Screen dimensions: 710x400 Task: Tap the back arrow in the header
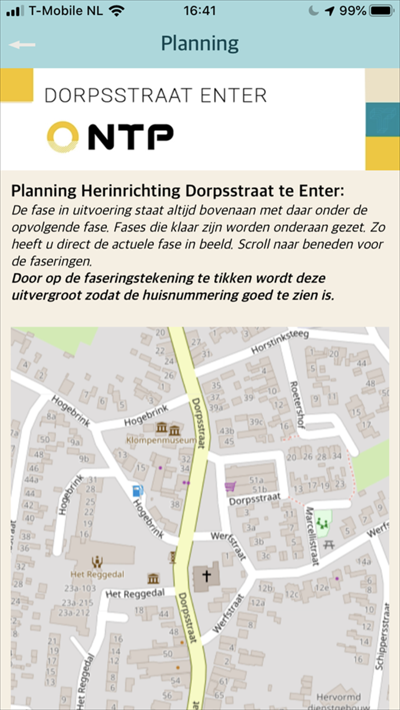point(22,45)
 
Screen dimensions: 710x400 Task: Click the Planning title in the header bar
point(199,43)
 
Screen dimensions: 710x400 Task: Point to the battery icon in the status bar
point(381,11)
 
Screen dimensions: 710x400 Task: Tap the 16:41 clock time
point(199,11)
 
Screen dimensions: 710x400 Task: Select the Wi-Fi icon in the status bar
point(117,11)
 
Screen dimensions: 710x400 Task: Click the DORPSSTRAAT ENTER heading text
point(155,95)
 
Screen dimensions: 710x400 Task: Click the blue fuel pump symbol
point(137,490)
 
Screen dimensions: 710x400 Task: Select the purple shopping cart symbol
point(230,486)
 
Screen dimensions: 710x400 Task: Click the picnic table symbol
point(328,544)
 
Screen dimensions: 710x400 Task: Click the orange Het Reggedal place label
point(97,573)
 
